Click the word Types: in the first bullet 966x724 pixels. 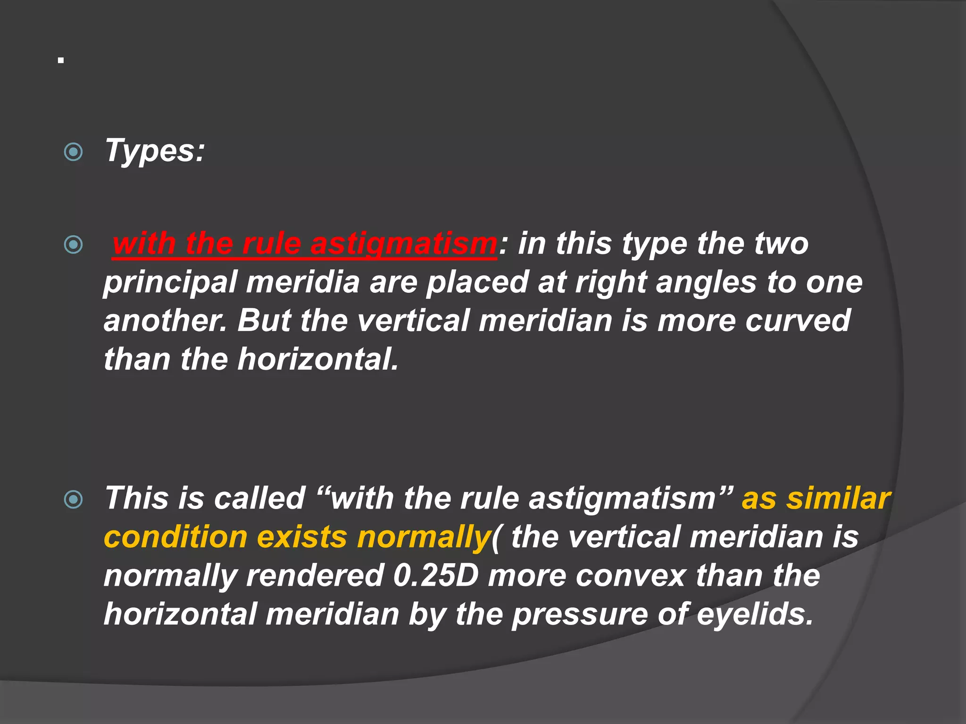(x=155, y=151)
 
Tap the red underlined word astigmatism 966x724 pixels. (x=403, y=244)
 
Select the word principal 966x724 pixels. (x=170, y=283)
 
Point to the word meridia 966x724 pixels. (x=303, y=282)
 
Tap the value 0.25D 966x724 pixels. (x=436, y=576)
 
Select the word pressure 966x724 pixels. (x=580, y=615)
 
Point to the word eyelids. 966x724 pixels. (x=755, y=615)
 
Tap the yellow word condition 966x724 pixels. (x=175, y=537)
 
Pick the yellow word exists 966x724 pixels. (x=302, y=537)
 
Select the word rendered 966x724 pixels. (x=314, y=576)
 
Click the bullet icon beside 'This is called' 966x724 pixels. (x=73, y=500)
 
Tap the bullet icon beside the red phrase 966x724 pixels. (x=73, y=245)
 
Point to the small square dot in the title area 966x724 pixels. (x=61, y=61)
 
